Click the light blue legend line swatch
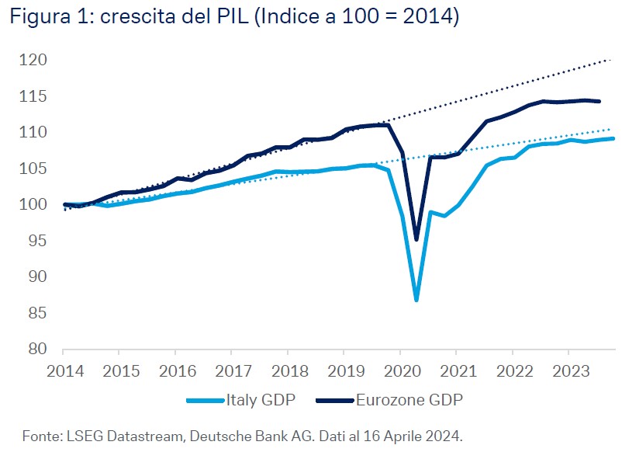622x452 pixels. (206, 401)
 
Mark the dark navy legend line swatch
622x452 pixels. (336, 401)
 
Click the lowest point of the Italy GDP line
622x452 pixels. (416, 300)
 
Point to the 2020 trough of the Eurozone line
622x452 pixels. (416, 239)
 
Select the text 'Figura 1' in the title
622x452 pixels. (38, 17)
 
